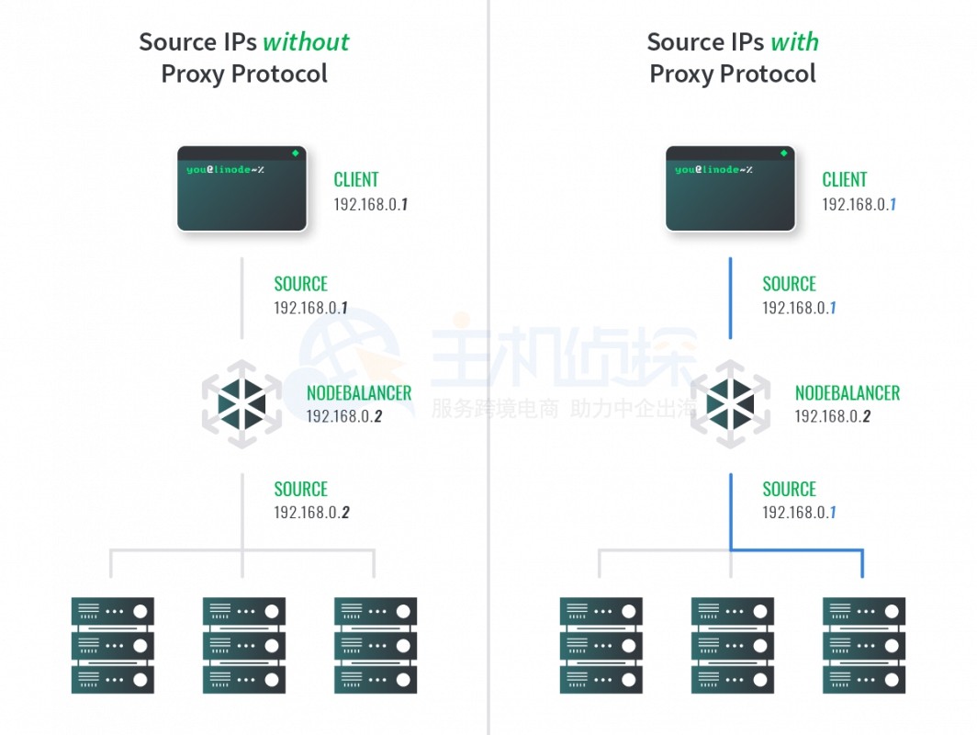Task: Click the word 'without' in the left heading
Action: [306, 42]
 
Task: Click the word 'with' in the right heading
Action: [794, 42]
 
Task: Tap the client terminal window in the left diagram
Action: [241, 188]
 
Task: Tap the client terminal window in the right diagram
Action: [730, 188]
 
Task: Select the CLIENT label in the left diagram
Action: [356, 180]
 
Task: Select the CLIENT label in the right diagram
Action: [845, 180]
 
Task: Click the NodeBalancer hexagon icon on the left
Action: [241, 404]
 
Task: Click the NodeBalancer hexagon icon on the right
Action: [730, 404]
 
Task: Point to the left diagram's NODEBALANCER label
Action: [359, 393]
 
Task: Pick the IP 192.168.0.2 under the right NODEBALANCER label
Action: [833, 416]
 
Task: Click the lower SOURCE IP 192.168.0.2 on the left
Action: [311, 513]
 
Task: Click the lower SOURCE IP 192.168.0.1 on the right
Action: [800, 513]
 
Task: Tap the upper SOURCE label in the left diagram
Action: [301, 284]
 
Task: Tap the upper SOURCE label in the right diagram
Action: [790, 284]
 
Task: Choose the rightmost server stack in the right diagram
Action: [863, 645]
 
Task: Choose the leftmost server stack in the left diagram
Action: [112, 645]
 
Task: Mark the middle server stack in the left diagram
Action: [243, 645]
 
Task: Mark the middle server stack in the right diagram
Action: [732, 645]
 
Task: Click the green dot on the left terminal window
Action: [295, 153]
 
